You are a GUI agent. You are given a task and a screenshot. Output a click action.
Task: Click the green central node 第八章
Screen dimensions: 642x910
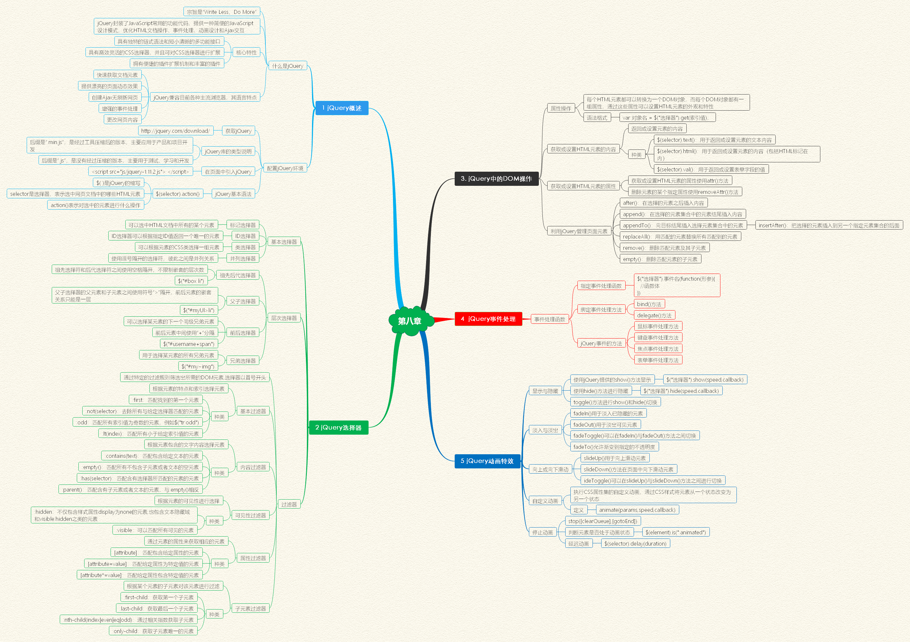pyautogui.click(x=409, y=321)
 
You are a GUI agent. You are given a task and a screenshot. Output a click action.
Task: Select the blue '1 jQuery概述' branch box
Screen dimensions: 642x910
pyautogui.click(x=342, y=108)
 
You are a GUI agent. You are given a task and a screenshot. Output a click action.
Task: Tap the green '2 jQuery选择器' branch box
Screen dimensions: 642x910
pyautogui.click(x=338, y=428)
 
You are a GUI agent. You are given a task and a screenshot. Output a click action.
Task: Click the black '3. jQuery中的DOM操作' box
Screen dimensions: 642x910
pyautogui.click(x=496, y=179)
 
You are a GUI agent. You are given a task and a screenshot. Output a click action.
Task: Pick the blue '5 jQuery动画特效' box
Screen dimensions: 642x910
pyautogui.click(x=487, y=461)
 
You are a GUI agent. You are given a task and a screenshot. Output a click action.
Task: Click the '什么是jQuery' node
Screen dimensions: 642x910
pyautogui.click(x=287, y=66)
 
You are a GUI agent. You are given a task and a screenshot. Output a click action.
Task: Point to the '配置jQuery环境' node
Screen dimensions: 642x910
pyautogui.click(x=285, y=168)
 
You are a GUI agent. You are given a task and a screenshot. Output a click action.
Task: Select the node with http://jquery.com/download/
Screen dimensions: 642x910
pyautogui.click(x=175, y=131)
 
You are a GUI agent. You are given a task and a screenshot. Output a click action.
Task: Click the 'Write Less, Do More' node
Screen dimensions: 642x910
pyautogui.click(x=221, y=12)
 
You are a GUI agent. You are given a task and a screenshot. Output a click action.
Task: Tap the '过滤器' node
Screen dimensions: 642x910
pyautogui.click(x=289, y=504)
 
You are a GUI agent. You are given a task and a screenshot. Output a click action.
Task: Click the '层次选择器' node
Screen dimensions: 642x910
pyautogui.click(x=284, y=318)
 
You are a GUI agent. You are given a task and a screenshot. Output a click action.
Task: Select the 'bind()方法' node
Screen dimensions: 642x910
pyautogui.click(x=649, y=304)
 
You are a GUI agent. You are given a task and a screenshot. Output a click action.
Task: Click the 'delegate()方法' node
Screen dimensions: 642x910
pyautogui.click(x=654, y=315)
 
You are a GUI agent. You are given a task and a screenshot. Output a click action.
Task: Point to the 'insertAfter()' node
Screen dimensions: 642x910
pyautogui.click(x=829, y=225)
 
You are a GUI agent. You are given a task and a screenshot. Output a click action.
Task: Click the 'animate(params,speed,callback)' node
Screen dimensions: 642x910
pyautogui.click(x=637, y=510)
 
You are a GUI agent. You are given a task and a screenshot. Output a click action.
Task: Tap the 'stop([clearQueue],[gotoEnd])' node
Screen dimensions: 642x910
pyautogui.click(x=602, y=521)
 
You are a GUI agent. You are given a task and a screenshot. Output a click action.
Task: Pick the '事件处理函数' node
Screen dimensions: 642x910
pyautogui.click(x=549, y=319)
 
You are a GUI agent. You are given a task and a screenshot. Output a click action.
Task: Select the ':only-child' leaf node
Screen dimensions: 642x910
pyautogui.click(x=153, y=631)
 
